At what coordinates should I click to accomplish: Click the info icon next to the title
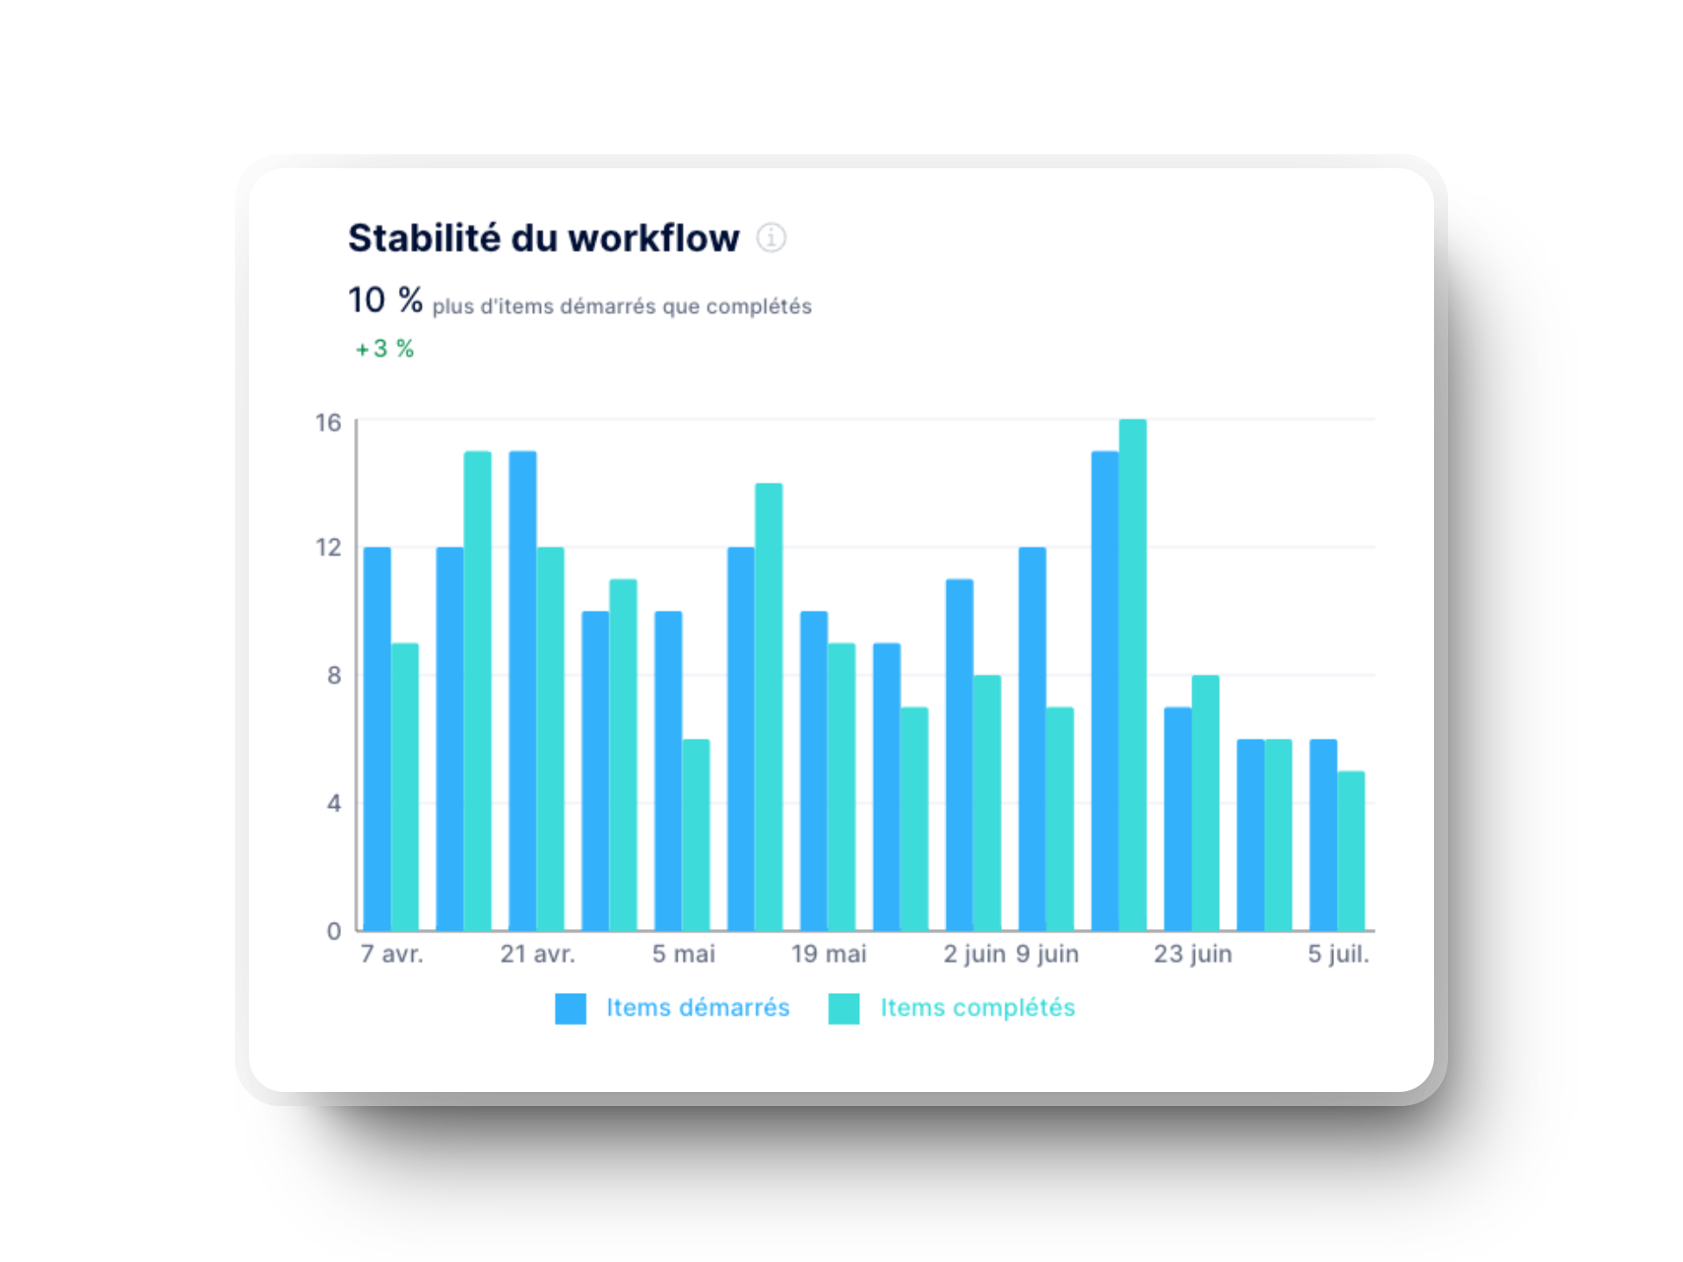tap(771, 238)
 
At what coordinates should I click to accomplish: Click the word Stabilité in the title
tap(423, 238)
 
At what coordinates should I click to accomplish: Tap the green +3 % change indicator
tap(385, 349)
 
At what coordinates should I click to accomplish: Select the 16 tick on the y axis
tap(328, 423)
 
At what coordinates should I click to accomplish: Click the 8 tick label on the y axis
tap(334, 676)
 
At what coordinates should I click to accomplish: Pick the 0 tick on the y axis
tap(334, 931)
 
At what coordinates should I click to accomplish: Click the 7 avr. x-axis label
tap(392, 954)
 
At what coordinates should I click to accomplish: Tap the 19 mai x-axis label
tap(828, 954)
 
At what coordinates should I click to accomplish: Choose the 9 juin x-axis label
tap(1047, 954)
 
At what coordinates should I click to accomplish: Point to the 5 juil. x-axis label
tap(1339, 954)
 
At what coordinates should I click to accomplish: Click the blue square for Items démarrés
tap(571, 1009)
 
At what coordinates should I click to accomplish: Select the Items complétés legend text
tap(977, 1008)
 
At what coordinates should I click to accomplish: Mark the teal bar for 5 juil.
tap(1351, 850)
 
